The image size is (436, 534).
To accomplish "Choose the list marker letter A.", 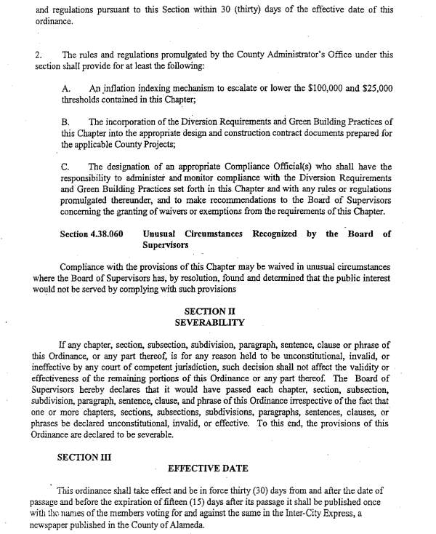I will [65, 87].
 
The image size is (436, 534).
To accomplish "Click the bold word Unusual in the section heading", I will [163, 234].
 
